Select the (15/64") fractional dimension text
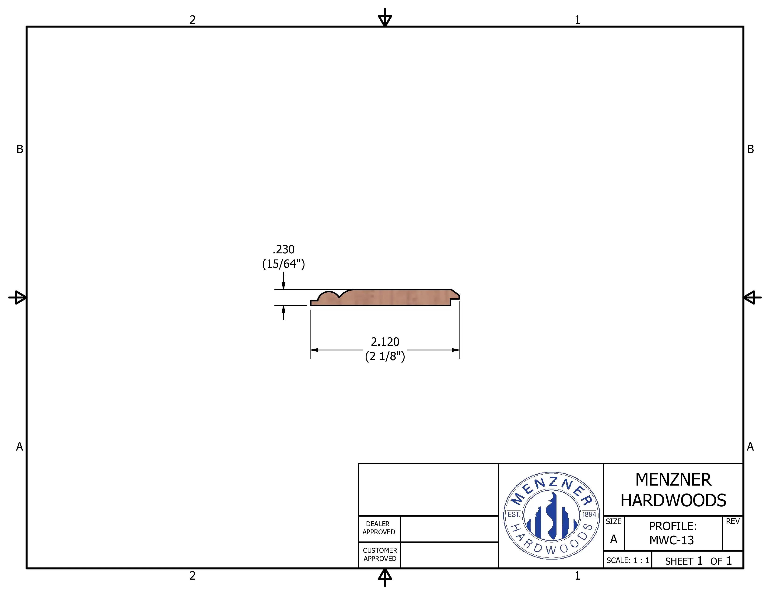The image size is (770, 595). tap(283, 264)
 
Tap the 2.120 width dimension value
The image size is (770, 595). tap(385, 342)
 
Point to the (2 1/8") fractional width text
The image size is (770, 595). tap(385, 356)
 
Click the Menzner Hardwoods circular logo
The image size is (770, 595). tap(552, 515)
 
